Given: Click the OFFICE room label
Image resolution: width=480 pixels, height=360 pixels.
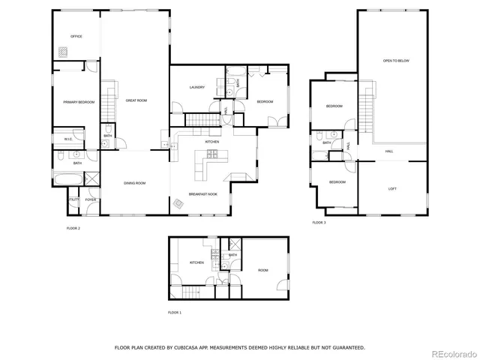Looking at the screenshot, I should [76, 36].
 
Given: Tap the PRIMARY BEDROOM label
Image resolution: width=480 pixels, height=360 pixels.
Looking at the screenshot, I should [79, 101].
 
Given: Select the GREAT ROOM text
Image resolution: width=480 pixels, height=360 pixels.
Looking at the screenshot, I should [136, 100].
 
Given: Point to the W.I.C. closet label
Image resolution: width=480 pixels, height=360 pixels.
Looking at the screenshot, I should [67, 139].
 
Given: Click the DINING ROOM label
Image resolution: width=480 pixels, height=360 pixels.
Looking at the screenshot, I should [134, 183].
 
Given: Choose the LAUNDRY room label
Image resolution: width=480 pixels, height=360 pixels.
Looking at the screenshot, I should [197, 87].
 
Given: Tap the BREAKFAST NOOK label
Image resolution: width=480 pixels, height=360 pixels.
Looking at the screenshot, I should [203, 193].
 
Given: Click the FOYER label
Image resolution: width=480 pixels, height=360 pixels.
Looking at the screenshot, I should [91, 200].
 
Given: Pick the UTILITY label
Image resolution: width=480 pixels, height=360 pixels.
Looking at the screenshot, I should [73, 200].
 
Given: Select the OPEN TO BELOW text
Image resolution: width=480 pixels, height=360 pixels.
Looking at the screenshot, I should [396, 60].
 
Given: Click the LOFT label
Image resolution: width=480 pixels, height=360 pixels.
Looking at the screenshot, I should [392, 188].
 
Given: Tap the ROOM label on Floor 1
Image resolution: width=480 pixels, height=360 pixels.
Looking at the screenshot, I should [263, 270].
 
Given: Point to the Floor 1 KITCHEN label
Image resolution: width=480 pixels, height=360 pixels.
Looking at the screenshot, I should [196, 262].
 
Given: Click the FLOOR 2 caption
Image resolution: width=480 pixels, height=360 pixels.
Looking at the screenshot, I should [73, 228].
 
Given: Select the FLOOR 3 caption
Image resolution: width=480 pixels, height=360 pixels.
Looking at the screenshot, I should [319, 223].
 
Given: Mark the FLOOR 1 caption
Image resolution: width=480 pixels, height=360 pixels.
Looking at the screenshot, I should [175, 312].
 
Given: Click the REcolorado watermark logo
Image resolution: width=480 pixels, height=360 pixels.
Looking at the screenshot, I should [450, 353].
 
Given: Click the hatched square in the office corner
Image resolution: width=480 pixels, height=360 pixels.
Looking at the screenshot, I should [63, 52].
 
